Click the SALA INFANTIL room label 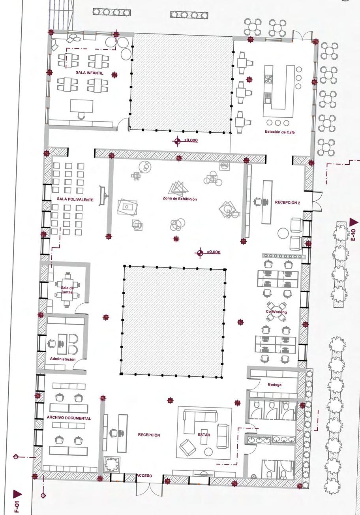pyautogui.click(x=90, y=73)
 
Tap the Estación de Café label pyautogui.click(x=280, y=132)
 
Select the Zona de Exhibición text pyautogui.click(x=180, y=199)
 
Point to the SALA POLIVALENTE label pyautogui.click(x=75, y=200)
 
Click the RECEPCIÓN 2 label pyautogui.click(x=287, y=203)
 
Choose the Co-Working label pyautogui.click(x=276, y=312)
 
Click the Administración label pyautogui.click(x=62, y=359)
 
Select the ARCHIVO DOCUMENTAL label pyautogui.click(x=69, y=418)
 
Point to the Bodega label pyautogui.click(x=275, y=385)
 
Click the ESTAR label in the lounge pyautogui.click(x=204, y=435)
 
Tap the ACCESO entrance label pyautogui.click(x=144, y=476)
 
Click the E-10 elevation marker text pyautogui.click(x=353, y=235)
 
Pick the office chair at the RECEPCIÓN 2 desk pyautogui.click(x=257, y=201)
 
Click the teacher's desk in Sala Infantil pyautogui.click(x=82, y=106)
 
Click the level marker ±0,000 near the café pyautogui.click(x=191, y=141)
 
